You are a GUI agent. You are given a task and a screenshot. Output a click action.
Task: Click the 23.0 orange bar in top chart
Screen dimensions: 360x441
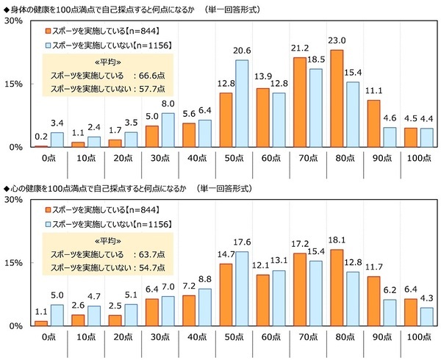(337, 98)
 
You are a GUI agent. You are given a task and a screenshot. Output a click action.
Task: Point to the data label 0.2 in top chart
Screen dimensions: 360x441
(41, 137)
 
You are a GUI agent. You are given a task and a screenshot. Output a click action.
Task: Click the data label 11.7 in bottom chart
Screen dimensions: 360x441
(375, 267)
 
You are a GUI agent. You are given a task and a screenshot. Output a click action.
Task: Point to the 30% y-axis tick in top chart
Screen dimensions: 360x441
(12, 21)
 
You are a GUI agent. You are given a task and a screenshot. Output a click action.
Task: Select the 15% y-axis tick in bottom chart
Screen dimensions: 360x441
(12, 262)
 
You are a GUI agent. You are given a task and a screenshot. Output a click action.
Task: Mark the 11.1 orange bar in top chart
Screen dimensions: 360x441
(375, 123)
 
